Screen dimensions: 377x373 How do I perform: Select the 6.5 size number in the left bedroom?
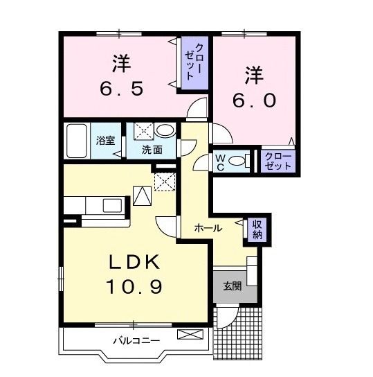pos(122,88)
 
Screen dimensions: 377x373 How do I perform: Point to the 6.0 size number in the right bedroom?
pos(254,99)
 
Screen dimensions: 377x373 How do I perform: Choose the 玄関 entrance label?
pos(232,286)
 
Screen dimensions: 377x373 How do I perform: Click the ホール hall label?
pos(208,228)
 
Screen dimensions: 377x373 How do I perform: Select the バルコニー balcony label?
pos(136,340)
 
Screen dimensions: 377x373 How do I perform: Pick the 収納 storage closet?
pos(257,229)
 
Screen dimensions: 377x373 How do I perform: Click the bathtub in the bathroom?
pos(76,141)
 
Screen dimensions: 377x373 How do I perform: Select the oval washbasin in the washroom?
pos(164,130)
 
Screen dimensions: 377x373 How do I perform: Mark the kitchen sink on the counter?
pos(111,205)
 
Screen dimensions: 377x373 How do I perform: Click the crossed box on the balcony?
pos(188,335)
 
